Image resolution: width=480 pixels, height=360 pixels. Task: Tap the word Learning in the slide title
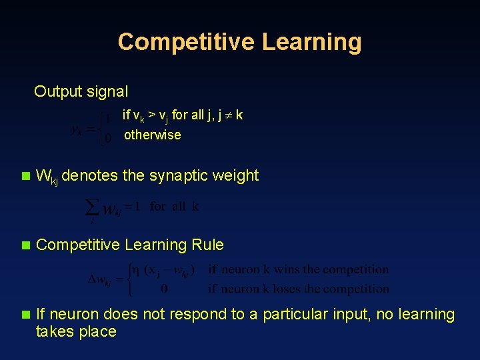tap(311, 42)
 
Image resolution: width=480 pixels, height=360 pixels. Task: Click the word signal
tap(107, 91)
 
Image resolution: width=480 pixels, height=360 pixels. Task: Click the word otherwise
tap(152, 135)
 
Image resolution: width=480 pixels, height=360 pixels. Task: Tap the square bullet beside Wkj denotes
tap(25, 177)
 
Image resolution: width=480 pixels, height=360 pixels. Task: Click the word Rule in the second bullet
tap(207, 245)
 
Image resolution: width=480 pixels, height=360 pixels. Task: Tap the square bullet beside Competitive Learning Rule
tap(25, 245)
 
